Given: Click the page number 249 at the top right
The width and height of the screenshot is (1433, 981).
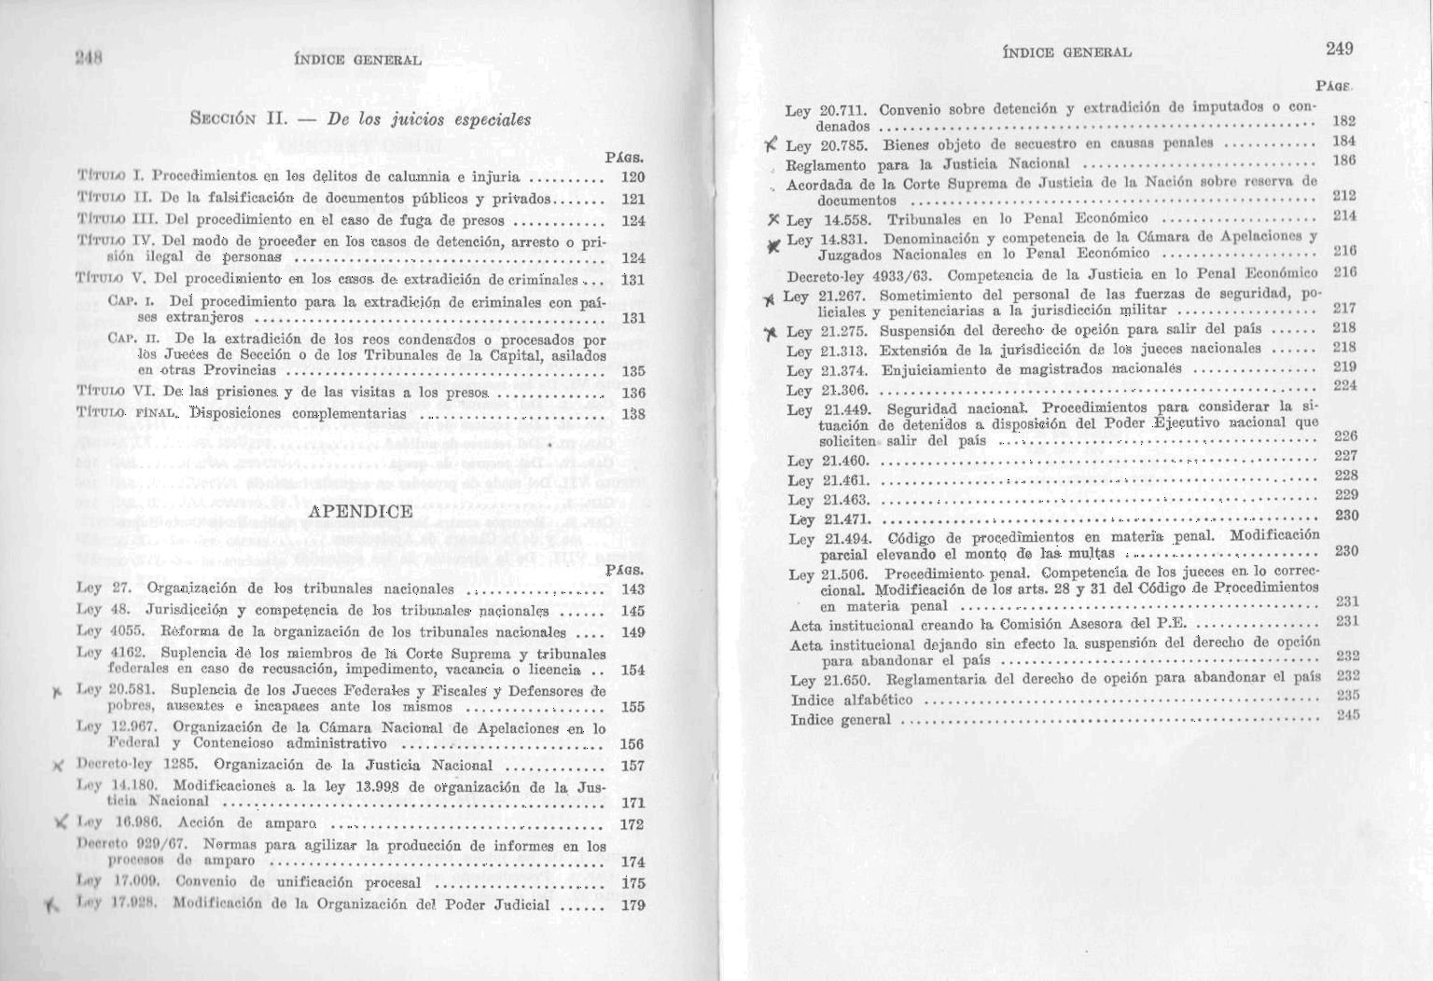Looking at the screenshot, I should [x=1337, y=48].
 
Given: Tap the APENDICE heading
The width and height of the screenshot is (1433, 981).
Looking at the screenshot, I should [x=359, y=511].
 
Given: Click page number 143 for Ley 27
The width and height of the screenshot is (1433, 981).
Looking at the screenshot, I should [x=632, y=589].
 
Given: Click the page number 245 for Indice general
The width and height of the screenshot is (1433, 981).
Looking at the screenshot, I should [x=1346, y=715].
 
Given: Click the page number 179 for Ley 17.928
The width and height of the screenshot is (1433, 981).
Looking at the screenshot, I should [x=632, y=905].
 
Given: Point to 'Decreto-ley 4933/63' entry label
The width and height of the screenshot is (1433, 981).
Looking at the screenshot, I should [x=863, y=275].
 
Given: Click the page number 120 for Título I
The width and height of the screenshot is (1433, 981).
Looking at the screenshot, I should [x=633, y=177].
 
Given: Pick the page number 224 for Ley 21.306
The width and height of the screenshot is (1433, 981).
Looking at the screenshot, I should [x=1344, y=385].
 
